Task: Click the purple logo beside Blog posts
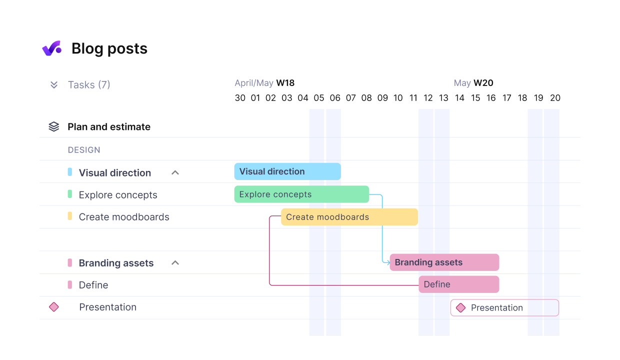click(x=51, y=48)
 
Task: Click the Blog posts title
click(x=109, y=48)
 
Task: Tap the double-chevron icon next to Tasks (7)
click(x=54, y=85)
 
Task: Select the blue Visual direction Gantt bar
click(x=287, y=171)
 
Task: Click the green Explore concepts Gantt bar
click(x=301, y=194)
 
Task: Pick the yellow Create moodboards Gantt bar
click(x=349, y=217)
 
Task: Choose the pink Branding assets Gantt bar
click(x=444, y=262)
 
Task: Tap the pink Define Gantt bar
click(x=459, y=284)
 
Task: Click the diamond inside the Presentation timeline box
click(x=460, y=308)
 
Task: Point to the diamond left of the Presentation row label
click(x=54, y=307)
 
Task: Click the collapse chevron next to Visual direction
click(x=175, y=172)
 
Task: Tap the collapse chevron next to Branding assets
click(x=175, y=263)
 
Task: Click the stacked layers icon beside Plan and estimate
click(x=54, y=127)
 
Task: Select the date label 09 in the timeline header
click(x=382, y=98)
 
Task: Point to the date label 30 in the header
click(x=240, y=98)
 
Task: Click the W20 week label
click(x=483, y=83)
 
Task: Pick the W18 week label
click(x=285, y=83)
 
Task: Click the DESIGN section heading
click(x=84, y=150)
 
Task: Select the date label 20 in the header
click(x=555, y=98)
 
